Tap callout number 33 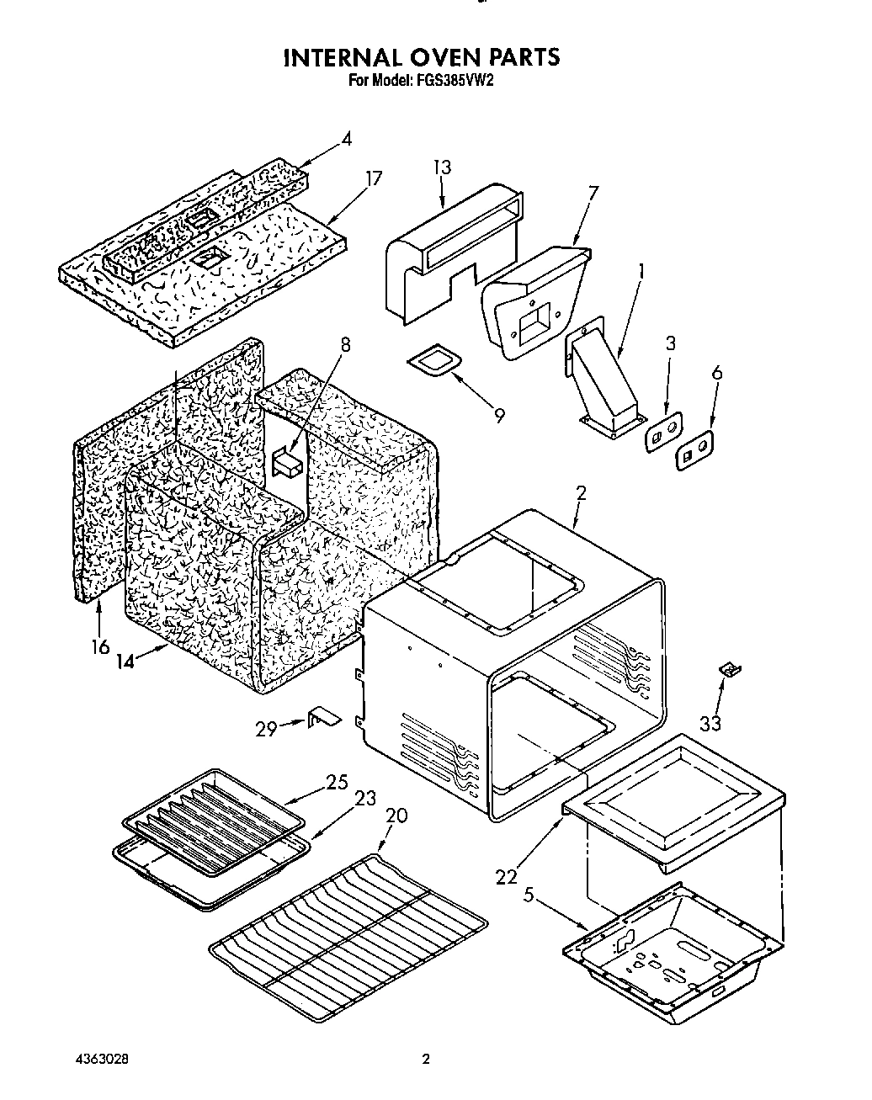pos(710,723)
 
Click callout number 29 pos(266,729)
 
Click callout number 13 pos(441,167)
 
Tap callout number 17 pos(373,178)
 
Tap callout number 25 pos(337,782)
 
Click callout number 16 pos(100,646)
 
